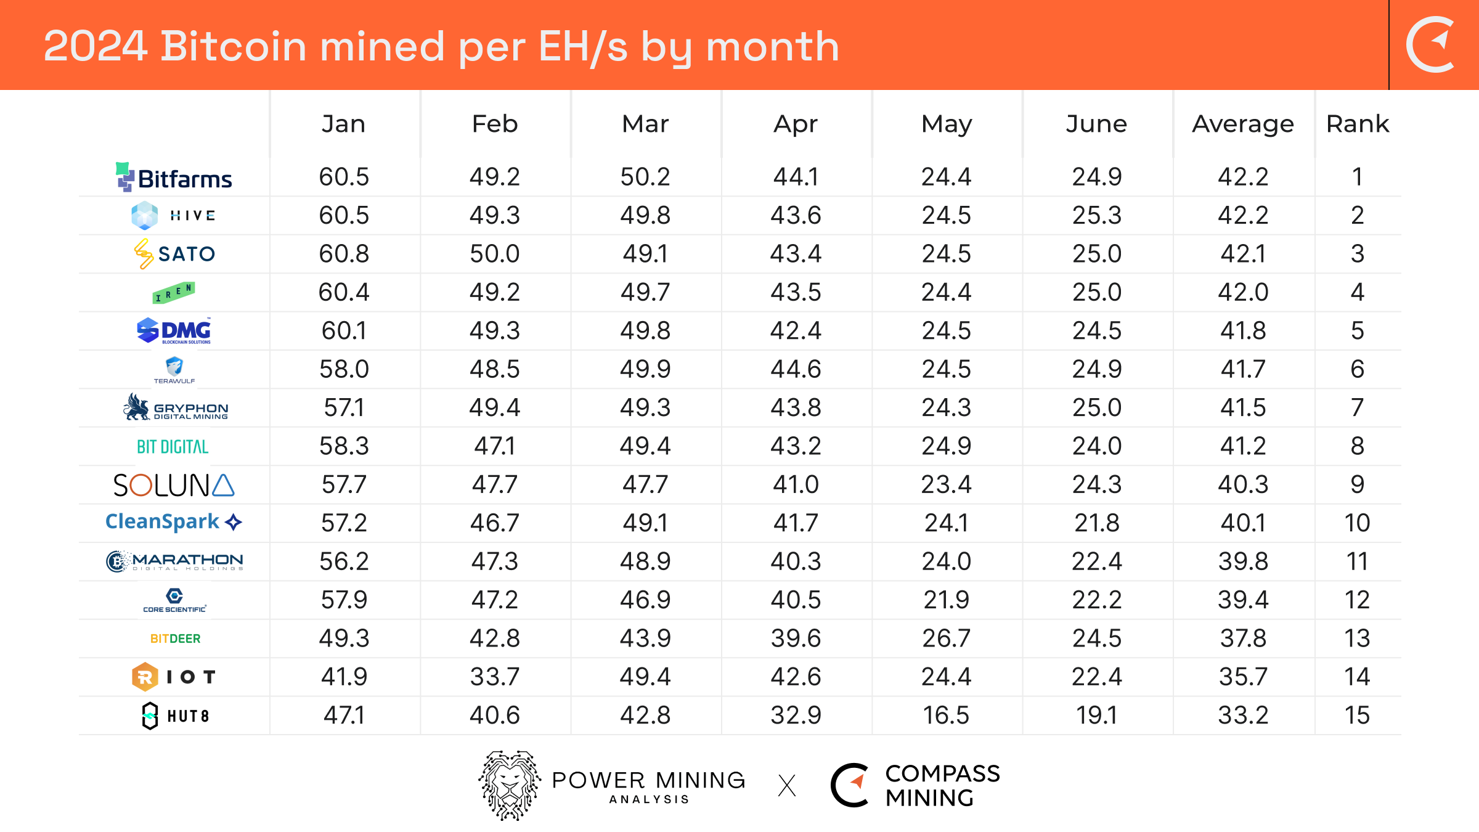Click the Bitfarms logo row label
coord(174,177)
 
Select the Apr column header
coord(795,124)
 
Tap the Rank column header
coord(1357,124)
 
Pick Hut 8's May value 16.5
coord(946,715)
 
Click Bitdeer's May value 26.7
coord(946,638)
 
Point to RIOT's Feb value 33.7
coord(494,677)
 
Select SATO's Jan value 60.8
coord(344,253)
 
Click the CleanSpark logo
coord(174,522)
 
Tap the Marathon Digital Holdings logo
coord(175,561)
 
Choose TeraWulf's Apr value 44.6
coord(796,369)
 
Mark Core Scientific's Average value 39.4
coord(1243,600)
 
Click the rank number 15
coord(1357,715)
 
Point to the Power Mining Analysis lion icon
coord(510,785)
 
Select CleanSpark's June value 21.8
coord(1096,523)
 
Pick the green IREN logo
coord(174,293)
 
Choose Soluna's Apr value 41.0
coord(796,484)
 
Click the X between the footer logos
coord(787,786)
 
